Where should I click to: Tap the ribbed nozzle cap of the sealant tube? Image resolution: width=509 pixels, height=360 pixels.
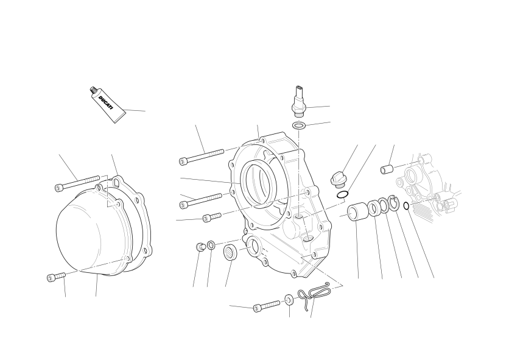[93, 90]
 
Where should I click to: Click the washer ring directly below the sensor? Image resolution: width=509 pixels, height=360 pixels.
[298, 125]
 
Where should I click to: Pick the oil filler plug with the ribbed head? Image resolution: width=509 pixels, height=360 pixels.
[337, 179]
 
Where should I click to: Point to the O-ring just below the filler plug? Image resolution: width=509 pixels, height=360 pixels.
[342, 195]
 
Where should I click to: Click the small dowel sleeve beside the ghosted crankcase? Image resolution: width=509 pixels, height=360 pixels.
[387, 169]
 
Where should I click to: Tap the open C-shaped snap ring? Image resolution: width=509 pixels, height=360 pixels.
[393, 205]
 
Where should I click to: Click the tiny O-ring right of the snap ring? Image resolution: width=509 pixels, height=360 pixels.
[406, 206]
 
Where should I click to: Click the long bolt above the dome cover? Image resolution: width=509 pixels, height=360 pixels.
[77, 183]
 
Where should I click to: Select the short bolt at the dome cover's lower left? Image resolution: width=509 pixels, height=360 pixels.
[56, 277]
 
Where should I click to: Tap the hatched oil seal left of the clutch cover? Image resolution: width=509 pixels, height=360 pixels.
[231, 252]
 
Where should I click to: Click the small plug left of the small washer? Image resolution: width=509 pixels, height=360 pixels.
[200, 247]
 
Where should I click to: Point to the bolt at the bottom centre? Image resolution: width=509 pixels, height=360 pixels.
[266, 305]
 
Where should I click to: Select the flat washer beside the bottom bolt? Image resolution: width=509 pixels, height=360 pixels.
[289, 300]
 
